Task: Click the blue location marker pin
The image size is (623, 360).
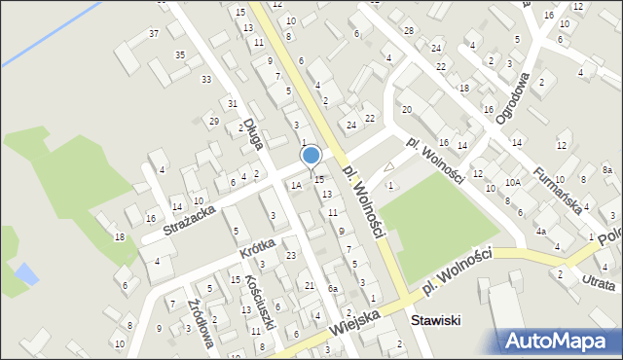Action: pyautogui.click(x=311, y=157)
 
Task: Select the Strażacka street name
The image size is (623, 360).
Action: pyautogui.click(x=189, y=213)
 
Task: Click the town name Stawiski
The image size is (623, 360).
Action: pyautogui.click(x=435, y=320)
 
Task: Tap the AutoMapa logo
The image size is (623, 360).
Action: pyautogui.click(x=558, y=341)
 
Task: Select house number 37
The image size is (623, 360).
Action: pyautogui.click(x=153, y=34)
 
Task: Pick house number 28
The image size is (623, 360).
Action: pyautogui.click(x=409, y=31)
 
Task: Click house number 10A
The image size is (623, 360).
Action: pyautogui.click(x=512, y=182)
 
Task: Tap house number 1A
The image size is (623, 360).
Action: pyautogui.click(x=295, y=185)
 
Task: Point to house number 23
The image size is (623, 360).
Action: pyautogui.click(x=291, y=255)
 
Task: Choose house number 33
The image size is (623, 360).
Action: pyautogui.click(x=205, y=79)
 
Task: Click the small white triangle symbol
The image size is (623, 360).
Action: pyautogui.click(x=390, y=167)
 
